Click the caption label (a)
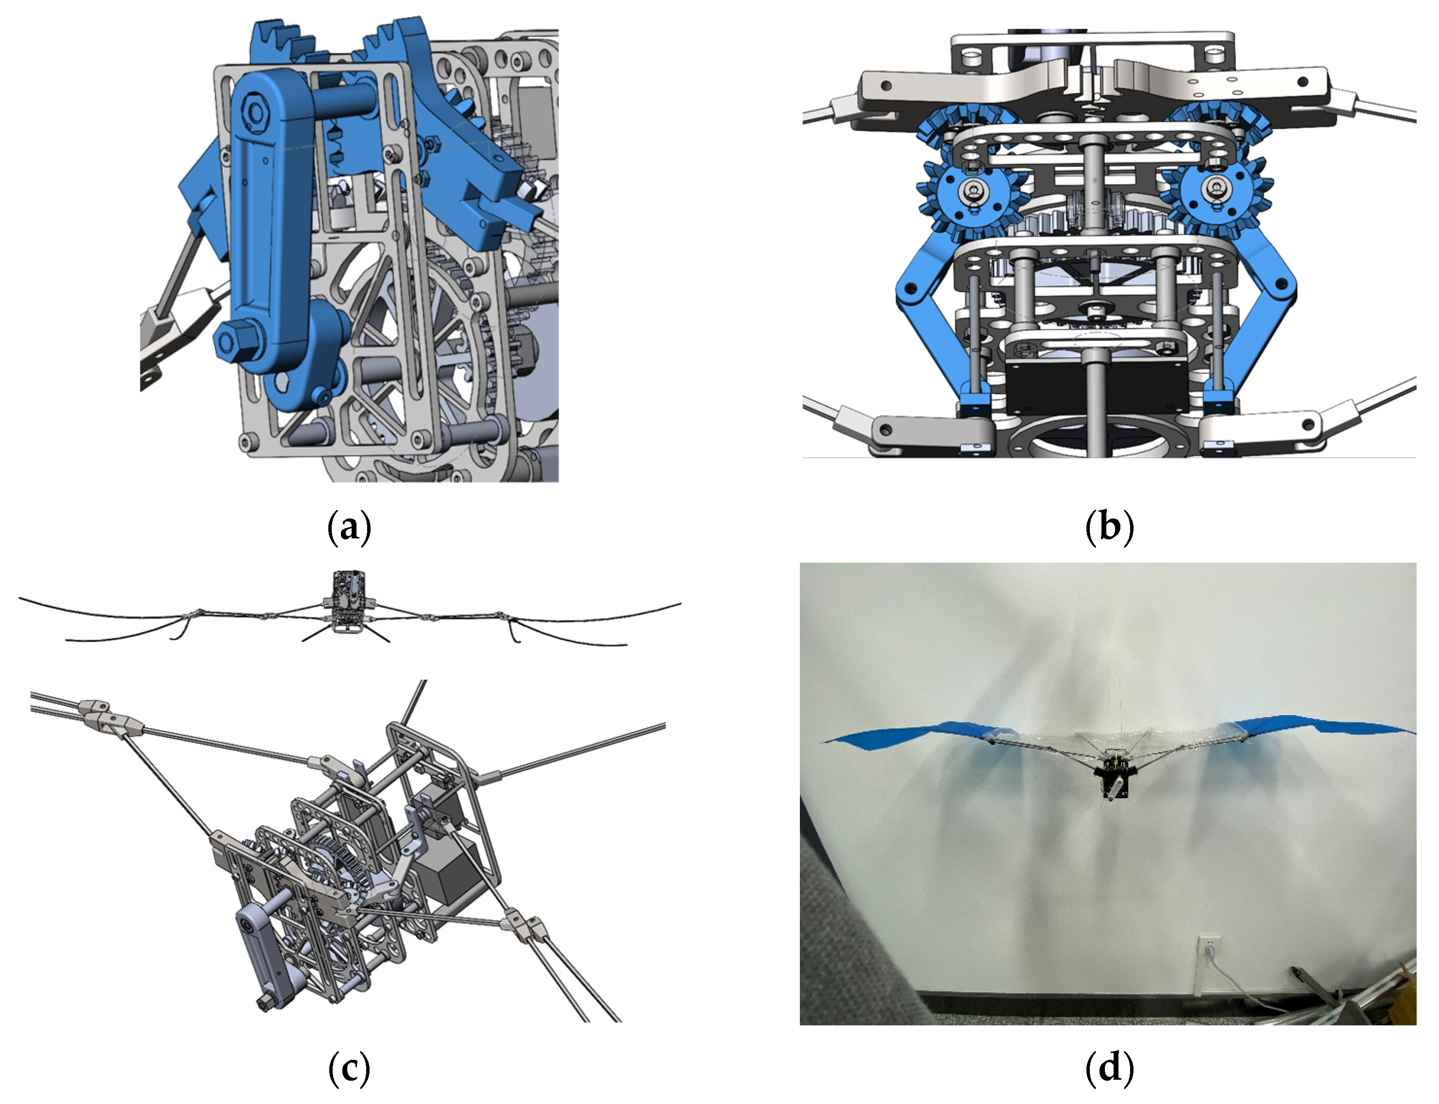pos(349,527)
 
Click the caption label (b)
pos(1109,527)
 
